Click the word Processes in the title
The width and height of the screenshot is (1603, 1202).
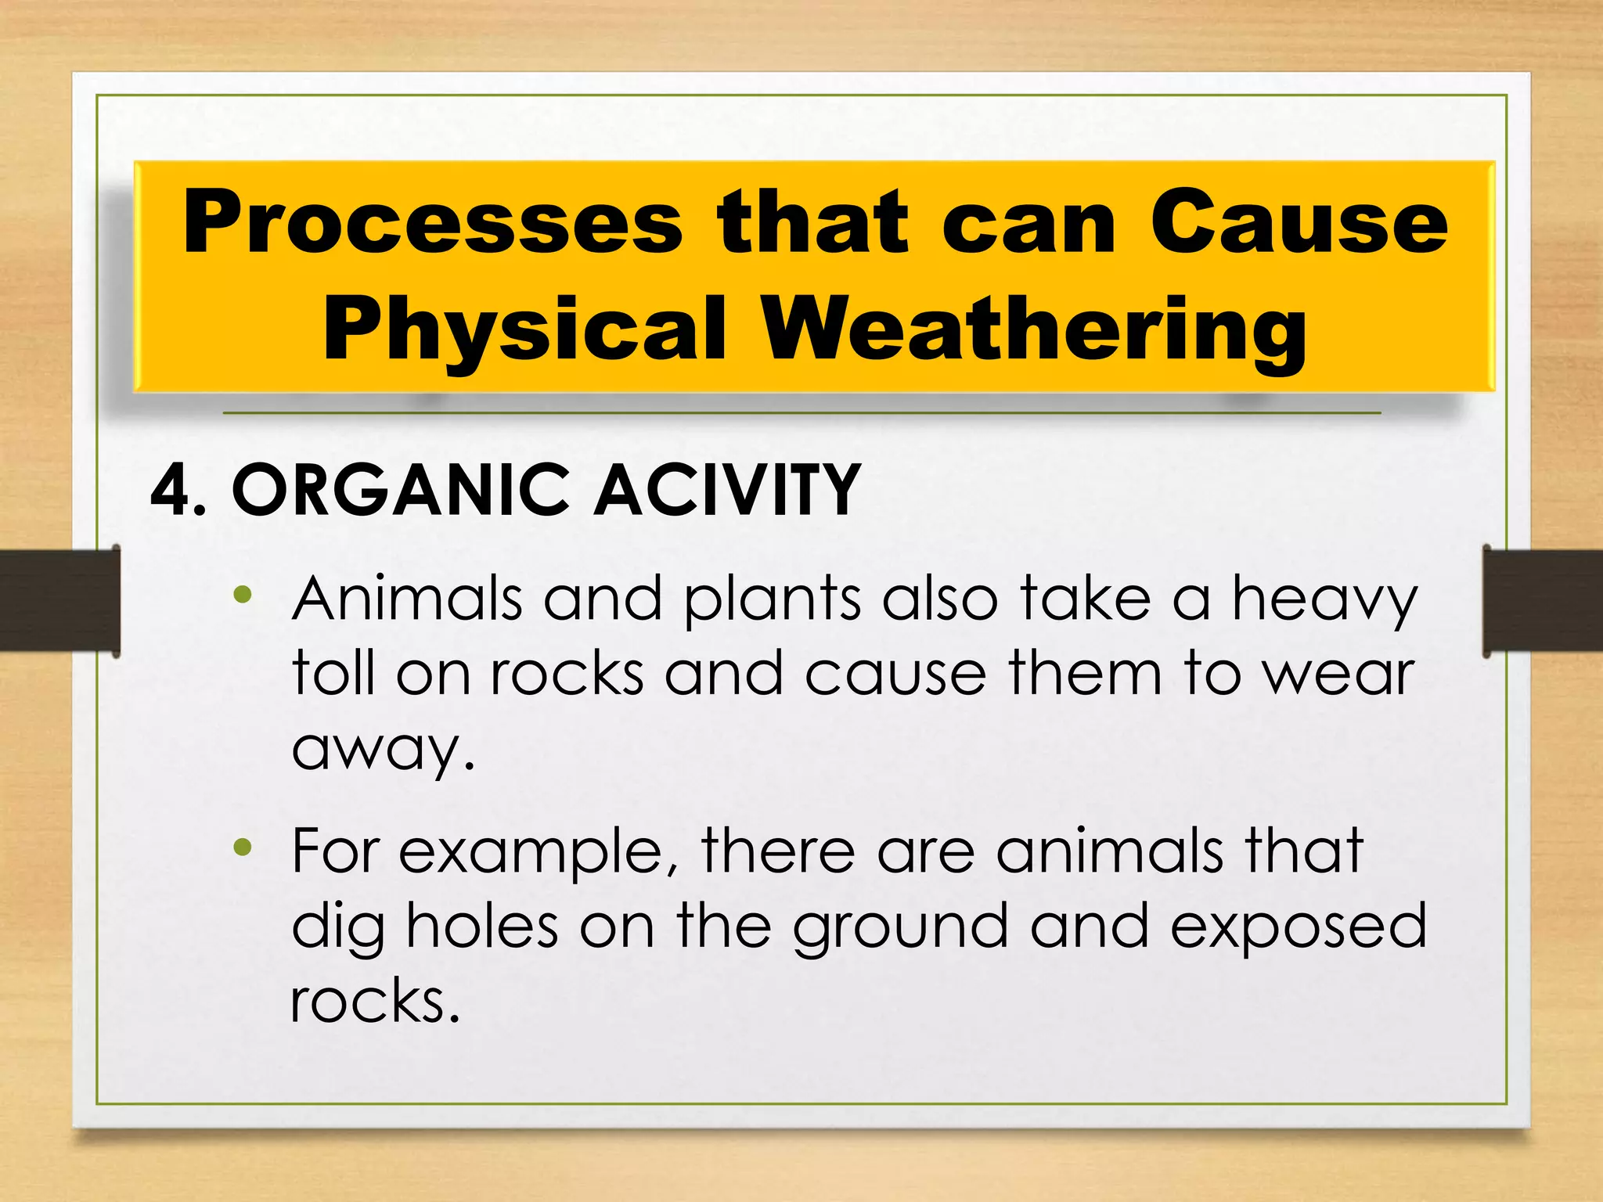click(x=432, y=223)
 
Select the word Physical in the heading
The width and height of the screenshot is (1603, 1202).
click(x=524, y=330)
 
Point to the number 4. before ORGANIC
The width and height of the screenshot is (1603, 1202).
click(x=178, y=491)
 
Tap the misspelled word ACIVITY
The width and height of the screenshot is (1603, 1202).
click(x=728, y=491)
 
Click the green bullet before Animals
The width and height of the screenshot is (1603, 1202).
click(x=243, y=596)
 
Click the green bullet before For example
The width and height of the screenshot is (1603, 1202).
click(x=243, y=847)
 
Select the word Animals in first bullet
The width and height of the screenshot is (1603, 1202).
click(x=407, y=599)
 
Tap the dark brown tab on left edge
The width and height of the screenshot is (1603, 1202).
click(x=59, y=601)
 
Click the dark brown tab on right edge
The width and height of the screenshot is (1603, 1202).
click(x=1542, y=601)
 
